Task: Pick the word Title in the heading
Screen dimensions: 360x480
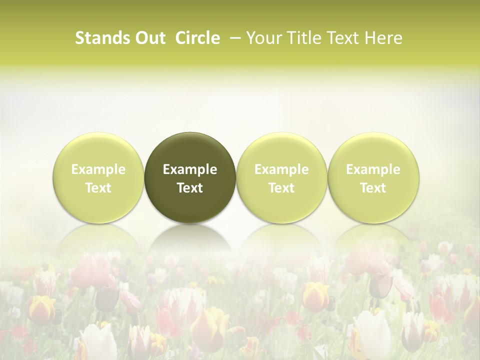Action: [x=304, y=38]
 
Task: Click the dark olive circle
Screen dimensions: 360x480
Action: [x=190, y=177]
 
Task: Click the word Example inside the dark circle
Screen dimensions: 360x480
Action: [x=190, y=169]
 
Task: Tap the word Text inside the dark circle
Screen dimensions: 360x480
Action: [x=190, y=188]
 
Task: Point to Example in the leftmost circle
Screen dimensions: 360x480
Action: [x=98, y=169]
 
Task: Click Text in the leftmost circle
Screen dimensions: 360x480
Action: [x=98, y=188]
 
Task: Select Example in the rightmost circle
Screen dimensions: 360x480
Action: [x=373, y=169]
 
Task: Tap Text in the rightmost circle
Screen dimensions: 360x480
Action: [x=373, y=188]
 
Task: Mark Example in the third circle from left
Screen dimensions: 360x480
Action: [x=281, y=169]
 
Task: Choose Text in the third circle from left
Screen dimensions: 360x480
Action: [x=281, y=188]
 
